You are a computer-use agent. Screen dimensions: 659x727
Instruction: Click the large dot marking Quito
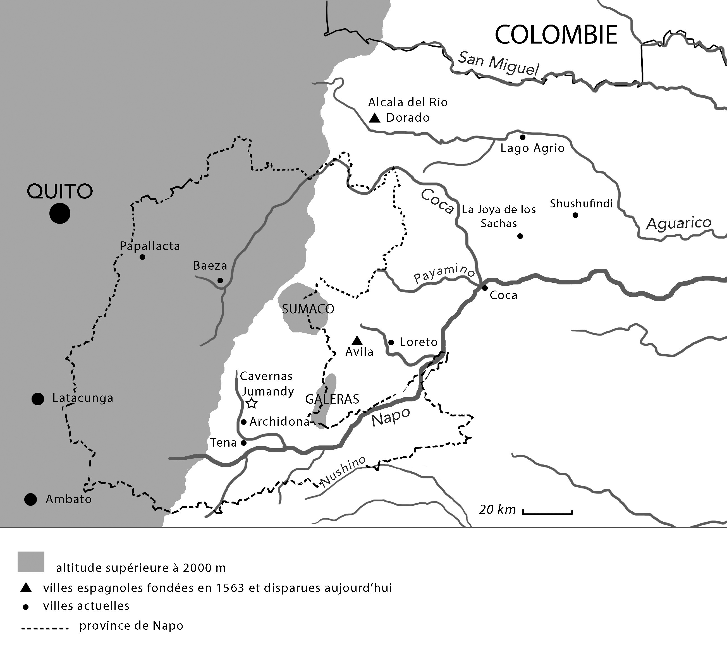click(60, 214)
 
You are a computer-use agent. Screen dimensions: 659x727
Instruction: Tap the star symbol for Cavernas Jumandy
click(251, 403)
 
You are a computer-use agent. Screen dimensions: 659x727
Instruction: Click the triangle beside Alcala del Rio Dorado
click(375, 118)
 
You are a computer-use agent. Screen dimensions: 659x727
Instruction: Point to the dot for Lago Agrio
click(522, 137)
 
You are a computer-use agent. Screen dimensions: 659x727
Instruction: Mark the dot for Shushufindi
click(575, 215)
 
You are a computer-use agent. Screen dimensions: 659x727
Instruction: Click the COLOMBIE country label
click(556, 35)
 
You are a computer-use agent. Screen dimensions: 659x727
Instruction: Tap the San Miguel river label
click(499, 63)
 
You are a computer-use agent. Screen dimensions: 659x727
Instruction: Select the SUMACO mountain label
click(308, 309)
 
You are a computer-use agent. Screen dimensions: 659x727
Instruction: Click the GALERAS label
click(332, 399)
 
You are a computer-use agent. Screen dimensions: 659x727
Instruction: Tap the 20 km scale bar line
click(547, 513)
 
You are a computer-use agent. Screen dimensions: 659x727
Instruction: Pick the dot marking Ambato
click(31, 499)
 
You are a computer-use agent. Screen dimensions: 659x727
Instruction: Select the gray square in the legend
click(31, 562)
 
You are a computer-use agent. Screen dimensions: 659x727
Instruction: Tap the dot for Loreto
click(391, 342)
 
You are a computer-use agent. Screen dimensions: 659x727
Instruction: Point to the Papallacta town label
click(150, 246)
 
